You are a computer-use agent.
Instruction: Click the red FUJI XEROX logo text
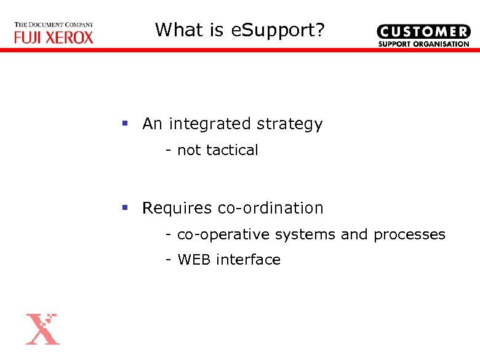(54, 38)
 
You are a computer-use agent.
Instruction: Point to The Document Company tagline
(54, 25)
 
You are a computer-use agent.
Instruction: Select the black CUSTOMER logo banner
(423, 32)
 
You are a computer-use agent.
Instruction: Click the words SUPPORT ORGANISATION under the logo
(423, 44)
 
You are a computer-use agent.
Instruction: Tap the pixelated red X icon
(42, 329)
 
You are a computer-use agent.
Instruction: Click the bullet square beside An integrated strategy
(125, 124)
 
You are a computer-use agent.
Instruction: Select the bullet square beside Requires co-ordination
(125, 208)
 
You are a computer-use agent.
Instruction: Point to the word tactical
(233, 150)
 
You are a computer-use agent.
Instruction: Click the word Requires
(177, 209)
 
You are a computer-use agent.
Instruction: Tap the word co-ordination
(271, 209)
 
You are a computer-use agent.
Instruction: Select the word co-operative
(223, 235)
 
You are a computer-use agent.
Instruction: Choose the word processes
(409, 235)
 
